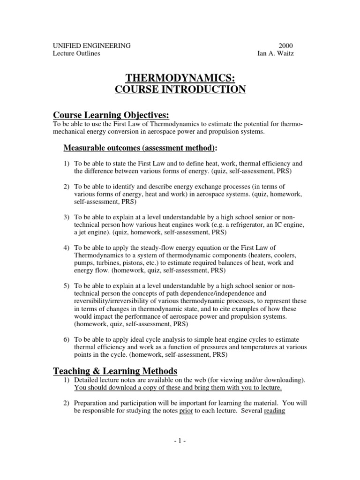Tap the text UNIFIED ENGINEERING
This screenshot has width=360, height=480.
click(x=91, y=45)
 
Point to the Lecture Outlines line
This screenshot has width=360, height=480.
click(x=76, y=53)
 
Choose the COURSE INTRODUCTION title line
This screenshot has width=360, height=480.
click(x=180, y=89)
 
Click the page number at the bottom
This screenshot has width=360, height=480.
click(x=180, y=441)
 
